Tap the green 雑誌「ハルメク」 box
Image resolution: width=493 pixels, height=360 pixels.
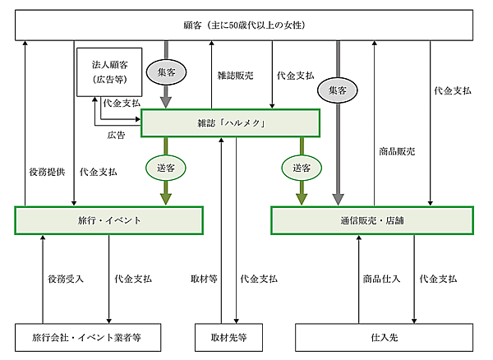[x=230, y=122]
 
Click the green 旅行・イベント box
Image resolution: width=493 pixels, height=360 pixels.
[x=108, y=220]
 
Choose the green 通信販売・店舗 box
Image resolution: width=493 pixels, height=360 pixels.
[x=372, y=220]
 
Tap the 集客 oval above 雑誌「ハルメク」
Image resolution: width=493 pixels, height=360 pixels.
[x=167, y=72]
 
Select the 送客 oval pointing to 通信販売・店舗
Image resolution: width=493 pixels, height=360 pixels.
[x=302, y=167]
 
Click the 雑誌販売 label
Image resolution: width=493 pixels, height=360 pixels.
[x=236, y=75]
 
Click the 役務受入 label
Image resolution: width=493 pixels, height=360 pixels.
[x=65, y=279]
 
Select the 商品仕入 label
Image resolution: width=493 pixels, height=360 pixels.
[x=381, y=279]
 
